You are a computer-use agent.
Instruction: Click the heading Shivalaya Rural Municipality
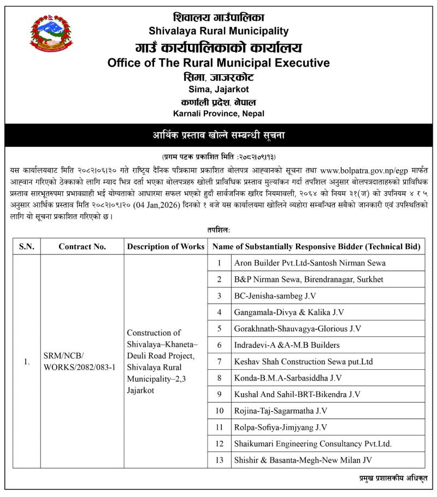218,31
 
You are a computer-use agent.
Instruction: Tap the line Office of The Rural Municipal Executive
218,63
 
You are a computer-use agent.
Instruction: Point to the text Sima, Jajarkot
218,89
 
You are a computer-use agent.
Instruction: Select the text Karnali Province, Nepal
218,114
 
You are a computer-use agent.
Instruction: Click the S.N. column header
26,246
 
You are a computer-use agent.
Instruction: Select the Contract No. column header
82,246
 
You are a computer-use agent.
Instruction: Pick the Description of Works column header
166,246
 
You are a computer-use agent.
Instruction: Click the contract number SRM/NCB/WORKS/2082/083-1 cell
80,361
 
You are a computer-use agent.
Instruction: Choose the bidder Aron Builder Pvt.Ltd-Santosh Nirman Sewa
309,263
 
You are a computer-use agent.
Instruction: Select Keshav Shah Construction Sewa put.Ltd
303,361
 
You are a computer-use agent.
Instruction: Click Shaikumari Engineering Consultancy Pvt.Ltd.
312,443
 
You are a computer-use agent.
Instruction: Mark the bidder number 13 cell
220,460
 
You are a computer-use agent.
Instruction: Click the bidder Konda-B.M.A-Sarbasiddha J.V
287,377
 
